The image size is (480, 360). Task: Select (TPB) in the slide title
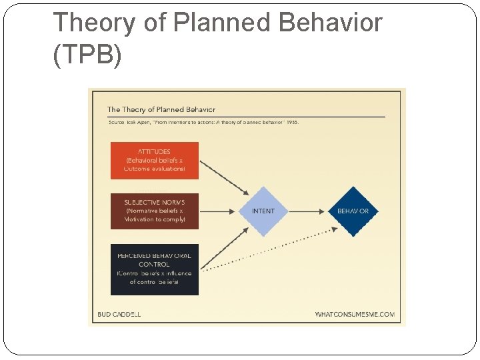87,55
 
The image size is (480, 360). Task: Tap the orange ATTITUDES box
154,160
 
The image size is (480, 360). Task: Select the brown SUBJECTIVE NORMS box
154,211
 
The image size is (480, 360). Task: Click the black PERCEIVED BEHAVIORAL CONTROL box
154,269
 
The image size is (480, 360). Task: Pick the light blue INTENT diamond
263,211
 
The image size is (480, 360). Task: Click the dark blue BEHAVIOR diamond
353,211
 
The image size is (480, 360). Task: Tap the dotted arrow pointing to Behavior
267,250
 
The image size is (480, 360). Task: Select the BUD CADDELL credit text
119,313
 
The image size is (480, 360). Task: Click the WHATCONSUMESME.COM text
355,313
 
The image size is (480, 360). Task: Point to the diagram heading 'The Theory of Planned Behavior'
161,109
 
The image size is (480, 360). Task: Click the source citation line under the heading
203,123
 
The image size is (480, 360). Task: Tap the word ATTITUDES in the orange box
154,152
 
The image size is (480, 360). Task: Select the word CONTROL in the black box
154,265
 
